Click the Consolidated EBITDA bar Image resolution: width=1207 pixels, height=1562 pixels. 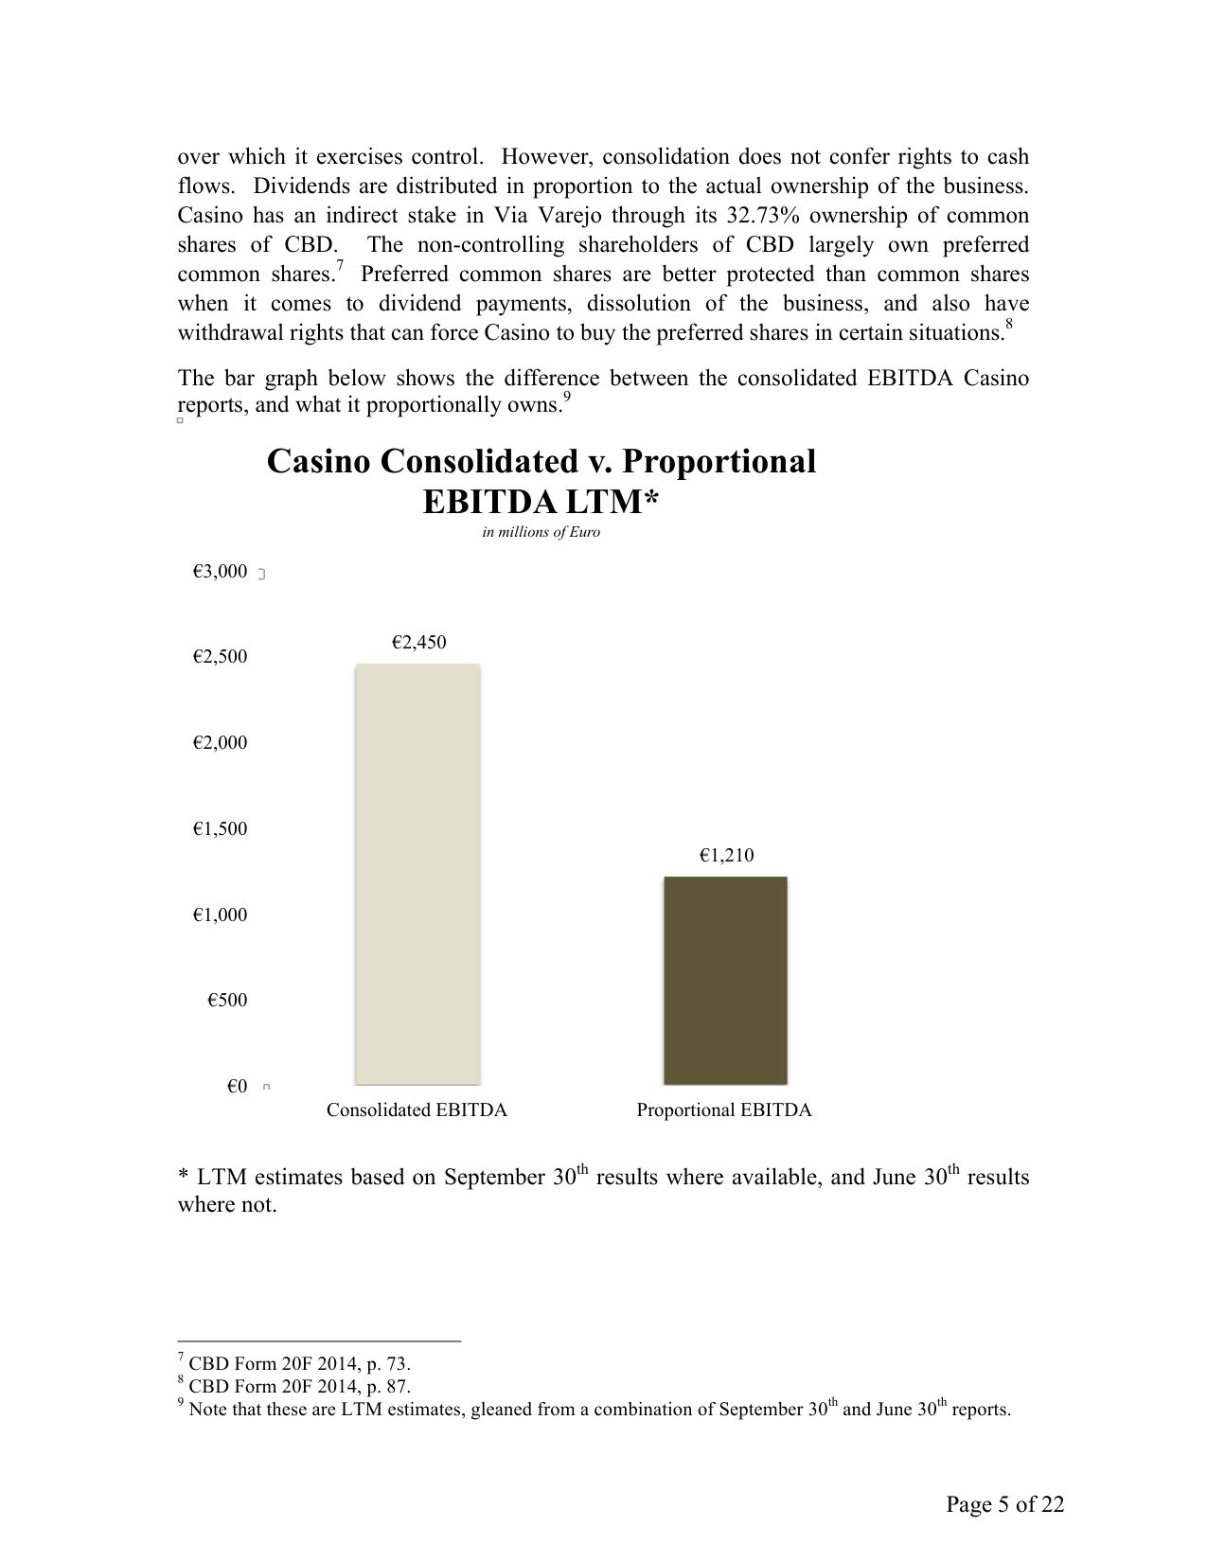coord(417,873)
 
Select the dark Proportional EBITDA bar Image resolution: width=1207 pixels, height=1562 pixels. coord(725,980)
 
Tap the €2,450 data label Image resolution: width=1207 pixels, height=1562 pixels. coord(418,643)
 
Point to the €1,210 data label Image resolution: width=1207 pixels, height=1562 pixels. coord(726,856)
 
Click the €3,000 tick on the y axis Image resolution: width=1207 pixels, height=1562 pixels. coord(220,572)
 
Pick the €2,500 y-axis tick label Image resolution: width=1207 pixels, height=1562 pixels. coord(220,657)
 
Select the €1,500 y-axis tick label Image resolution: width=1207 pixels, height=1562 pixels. coord(220,829)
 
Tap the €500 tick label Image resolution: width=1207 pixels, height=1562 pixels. coord(227,1001)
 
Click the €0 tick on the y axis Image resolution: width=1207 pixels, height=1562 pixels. coord(237,1087)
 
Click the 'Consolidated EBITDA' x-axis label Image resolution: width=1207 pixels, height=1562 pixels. coord(417,1110)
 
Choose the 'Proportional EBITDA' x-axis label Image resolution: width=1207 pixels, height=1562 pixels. coord(724,1110)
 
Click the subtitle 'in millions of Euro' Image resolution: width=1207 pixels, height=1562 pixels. coord(541,532)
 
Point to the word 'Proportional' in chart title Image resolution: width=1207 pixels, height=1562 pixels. coord(719,462)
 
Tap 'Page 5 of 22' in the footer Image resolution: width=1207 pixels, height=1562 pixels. coord(1005,1504)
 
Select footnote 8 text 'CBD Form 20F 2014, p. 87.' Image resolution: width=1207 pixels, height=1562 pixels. coord(299,1387)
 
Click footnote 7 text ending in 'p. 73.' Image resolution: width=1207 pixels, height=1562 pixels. coord(299,1364)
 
